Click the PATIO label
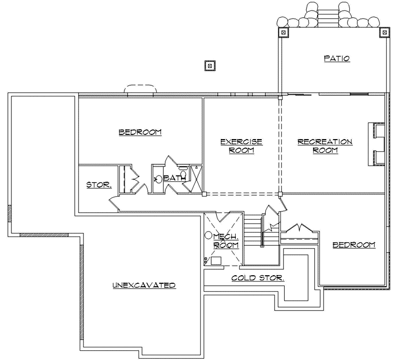(x=337, y=58)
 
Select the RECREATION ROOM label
(x=325, y=146)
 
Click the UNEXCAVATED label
(x=144, y=286)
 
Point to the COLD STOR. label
(x=258, y=278)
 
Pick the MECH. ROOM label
(x=226, y=241)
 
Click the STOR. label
(x=99, y=185)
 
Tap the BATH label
(x=174, y=178)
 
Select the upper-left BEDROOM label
(x=140, y=132)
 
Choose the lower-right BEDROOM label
(x=354, y=245)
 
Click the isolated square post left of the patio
(x=210, y=66)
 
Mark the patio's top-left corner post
(x=283, y=33)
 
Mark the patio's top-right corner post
(x=383, y=33)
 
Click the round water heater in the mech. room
(x=208, y=236)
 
